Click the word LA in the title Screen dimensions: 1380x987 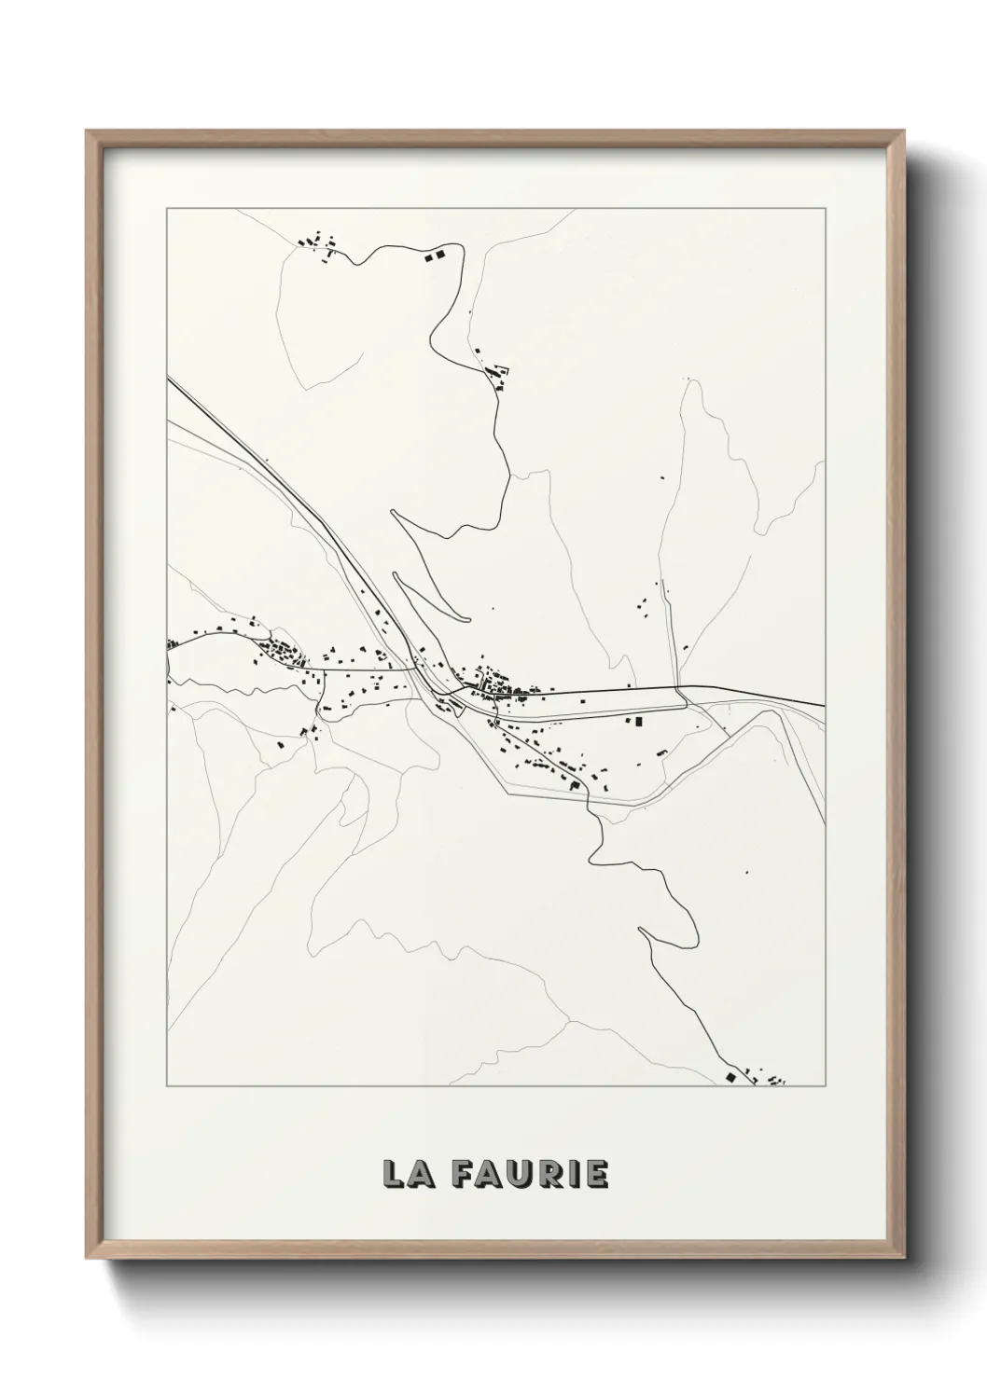(404, 1174)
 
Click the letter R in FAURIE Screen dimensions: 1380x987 (547, 1174)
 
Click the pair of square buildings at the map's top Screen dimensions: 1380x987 (435, 254)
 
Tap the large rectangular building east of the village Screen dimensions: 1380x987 (640, 720)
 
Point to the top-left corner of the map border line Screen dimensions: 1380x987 (167, 208)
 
